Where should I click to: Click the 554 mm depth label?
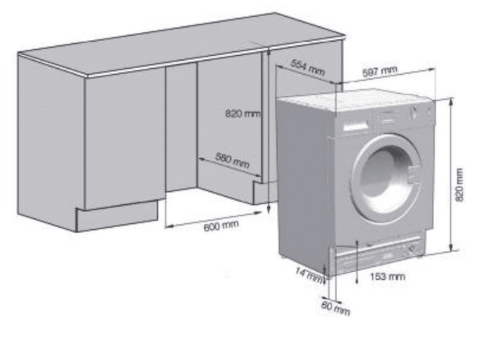(x=308, y=67)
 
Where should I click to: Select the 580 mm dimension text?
(x=232, y=161)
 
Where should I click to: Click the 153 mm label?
(x=388, y=277)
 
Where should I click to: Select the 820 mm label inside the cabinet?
(x=242, y=113)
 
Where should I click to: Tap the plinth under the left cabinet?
(x=117, y=218)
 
